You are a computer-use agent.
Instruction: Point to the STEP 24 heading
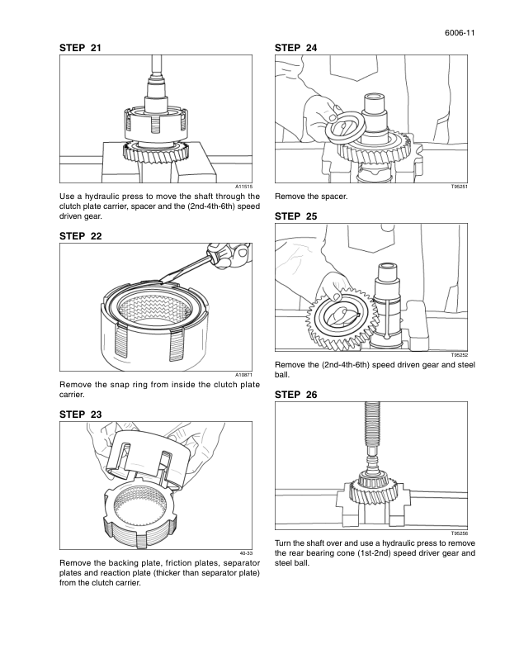(x=295, y=49)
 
